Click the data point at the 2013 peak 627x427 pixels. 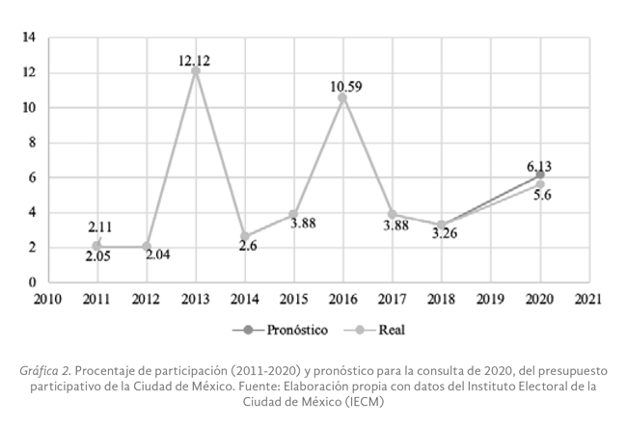196,71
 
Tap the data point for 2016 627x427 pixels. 342,97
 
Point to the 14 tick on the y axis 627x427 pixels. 29,38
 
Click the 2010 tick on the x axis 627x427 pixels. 47,298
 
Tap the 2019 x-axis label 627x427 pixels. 490,298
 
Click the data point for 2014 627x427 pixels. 244,236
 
